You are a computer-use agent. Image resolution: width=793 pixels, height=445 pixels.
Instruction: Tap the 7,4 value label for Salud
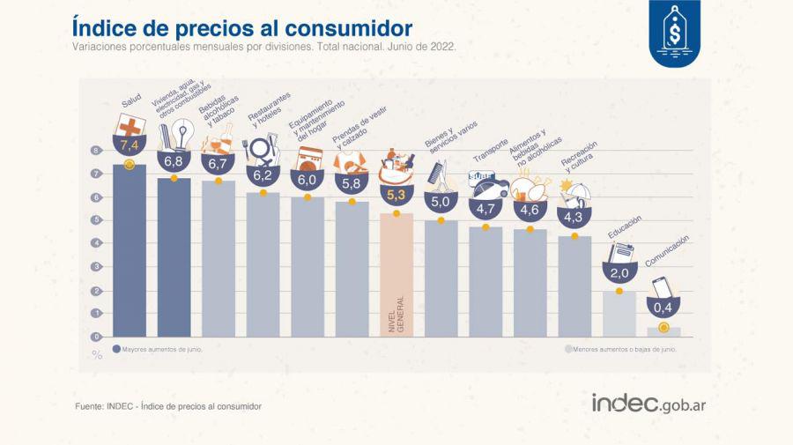[130, 145]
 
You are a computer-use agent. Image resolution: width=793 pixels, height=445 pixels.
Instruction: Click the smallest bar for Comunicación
[663, 331]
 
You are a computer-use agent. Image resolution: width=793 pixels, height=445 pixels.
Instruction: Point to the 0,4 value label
[663, 307]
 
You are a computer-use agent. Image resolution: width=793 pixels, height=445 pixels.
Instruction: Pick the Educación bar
[619, 314]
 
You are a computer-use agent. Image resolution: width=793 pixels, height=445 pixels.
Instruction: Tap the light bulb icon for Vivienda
[182, 135]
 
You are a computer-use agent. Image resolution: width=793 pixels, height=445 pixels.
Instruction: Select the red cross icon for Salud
[130, 127]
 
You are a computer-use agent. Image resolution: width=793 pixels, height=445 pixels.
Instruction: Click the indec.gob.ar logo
[653, 404]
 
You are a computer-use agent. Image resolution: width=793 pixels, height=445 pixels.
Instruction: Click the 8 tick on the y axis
[97, 151]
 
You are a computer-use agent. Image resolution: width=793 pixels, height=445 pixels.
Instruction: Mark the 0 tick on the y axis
[97, 337]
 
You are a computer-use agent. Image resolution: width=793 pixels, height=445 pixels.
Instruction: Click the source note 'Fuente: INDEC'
[168, 406]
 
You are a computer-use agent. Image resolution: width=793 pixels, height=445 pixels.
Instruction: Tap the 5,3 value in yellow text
[396, 194]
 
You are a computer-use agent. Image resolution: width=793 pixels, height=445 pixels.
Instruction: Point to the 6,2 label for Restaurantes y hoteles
[263, 174]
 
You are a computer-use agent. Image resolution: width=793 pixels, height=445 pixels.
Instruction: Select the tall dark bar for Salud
[130, 251]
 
